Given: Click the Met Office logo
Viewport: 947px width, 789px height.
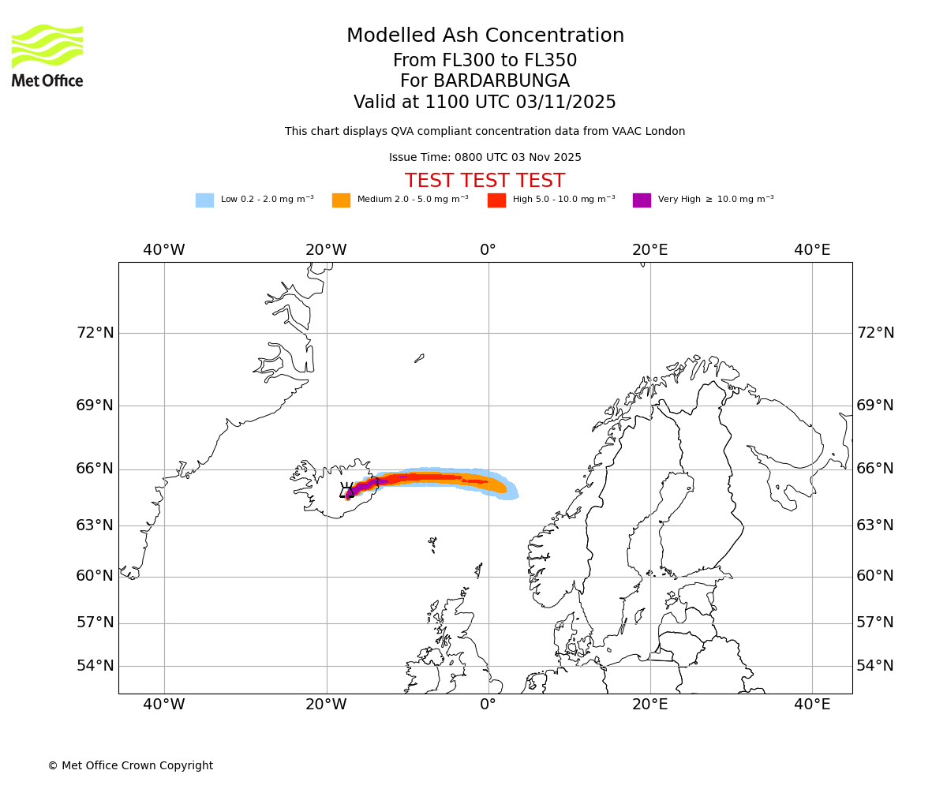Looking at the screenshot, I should pyautogui.click(x=47, y=55).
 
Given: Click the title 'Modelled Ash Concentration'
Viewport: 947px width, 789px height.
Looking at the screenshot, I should pyautogui.click(x=485, y=36).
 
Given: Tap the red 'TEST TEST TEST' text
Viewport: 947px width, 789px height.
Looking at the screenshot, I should pyautogui.click(x=485, y=181).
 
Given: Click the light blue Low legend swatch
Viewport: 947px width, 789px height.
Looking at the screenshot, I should pyautogui.click(x=204, y=200).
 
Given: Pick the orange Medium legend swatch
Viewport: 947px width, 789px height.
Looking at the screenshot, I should pyautogui.click(x=341, y=200).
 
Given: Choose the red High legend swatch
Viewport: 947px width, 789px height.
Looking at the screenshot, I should pyautogui.click(x=496, y=200).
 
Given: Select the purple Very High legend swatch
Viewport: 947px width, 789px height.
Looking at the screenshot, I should pyautogui.click(x=642, y=200).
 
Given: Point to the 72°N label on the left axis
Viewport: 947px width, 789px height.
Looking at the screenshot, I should pyautogui.click(x=95, y=333).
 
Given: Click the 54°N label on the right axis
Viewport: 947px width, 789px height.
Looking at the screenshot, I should pyautogui.click(x=875, y=666).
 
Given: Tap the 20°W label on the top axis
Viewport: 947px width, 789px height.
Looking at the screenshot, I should pyautogui.click(x=326, y=250).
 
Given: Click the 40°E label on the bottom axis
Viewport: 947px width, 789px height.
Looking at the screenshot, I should pyautogui.click(x=812, y=705).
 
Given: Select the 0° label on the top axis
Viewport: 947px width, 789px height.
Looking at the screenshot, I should pyautogui.click(x=488, y=250).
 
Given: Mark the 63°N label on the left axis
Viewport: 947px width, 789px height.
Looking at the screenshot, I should pyautogui.click(x=95, y=525).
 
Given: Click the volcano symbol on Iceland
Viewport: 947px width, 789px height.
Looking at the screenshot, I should pyautogui.click(x=347, y=491).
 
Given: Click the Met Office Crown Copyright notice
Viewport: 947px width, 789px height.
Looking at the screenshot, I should pyautogui.click(x=130, y=765).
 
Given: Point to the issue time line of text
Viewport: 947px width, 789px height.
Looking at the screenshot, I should pyautogui.click(x=485, y=158).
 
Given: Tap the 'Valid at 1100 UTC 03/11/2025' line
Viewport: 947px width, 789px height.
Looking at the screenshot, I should pyautogui.click(x=485, y=103).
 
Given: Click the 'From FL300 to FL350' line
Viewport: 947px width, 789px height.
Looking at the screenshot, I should pyautogui.click(x=485, y=61).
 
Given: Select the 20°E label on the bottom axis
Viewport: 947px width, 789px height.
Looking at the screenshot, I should pyautogui.click(x=649, y=705).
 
